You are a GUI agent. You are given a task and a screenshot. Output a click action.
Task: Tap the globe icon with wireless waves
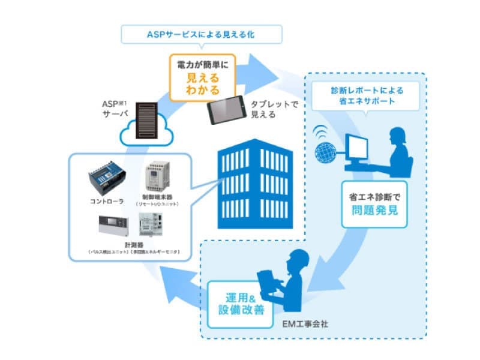[328, 147]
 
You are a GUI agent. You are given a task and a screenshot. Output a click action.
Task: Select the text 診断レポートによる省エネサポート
[367, 95]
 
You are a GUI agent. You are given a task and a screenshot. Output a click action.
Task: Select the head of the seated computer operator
[399, 136]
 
